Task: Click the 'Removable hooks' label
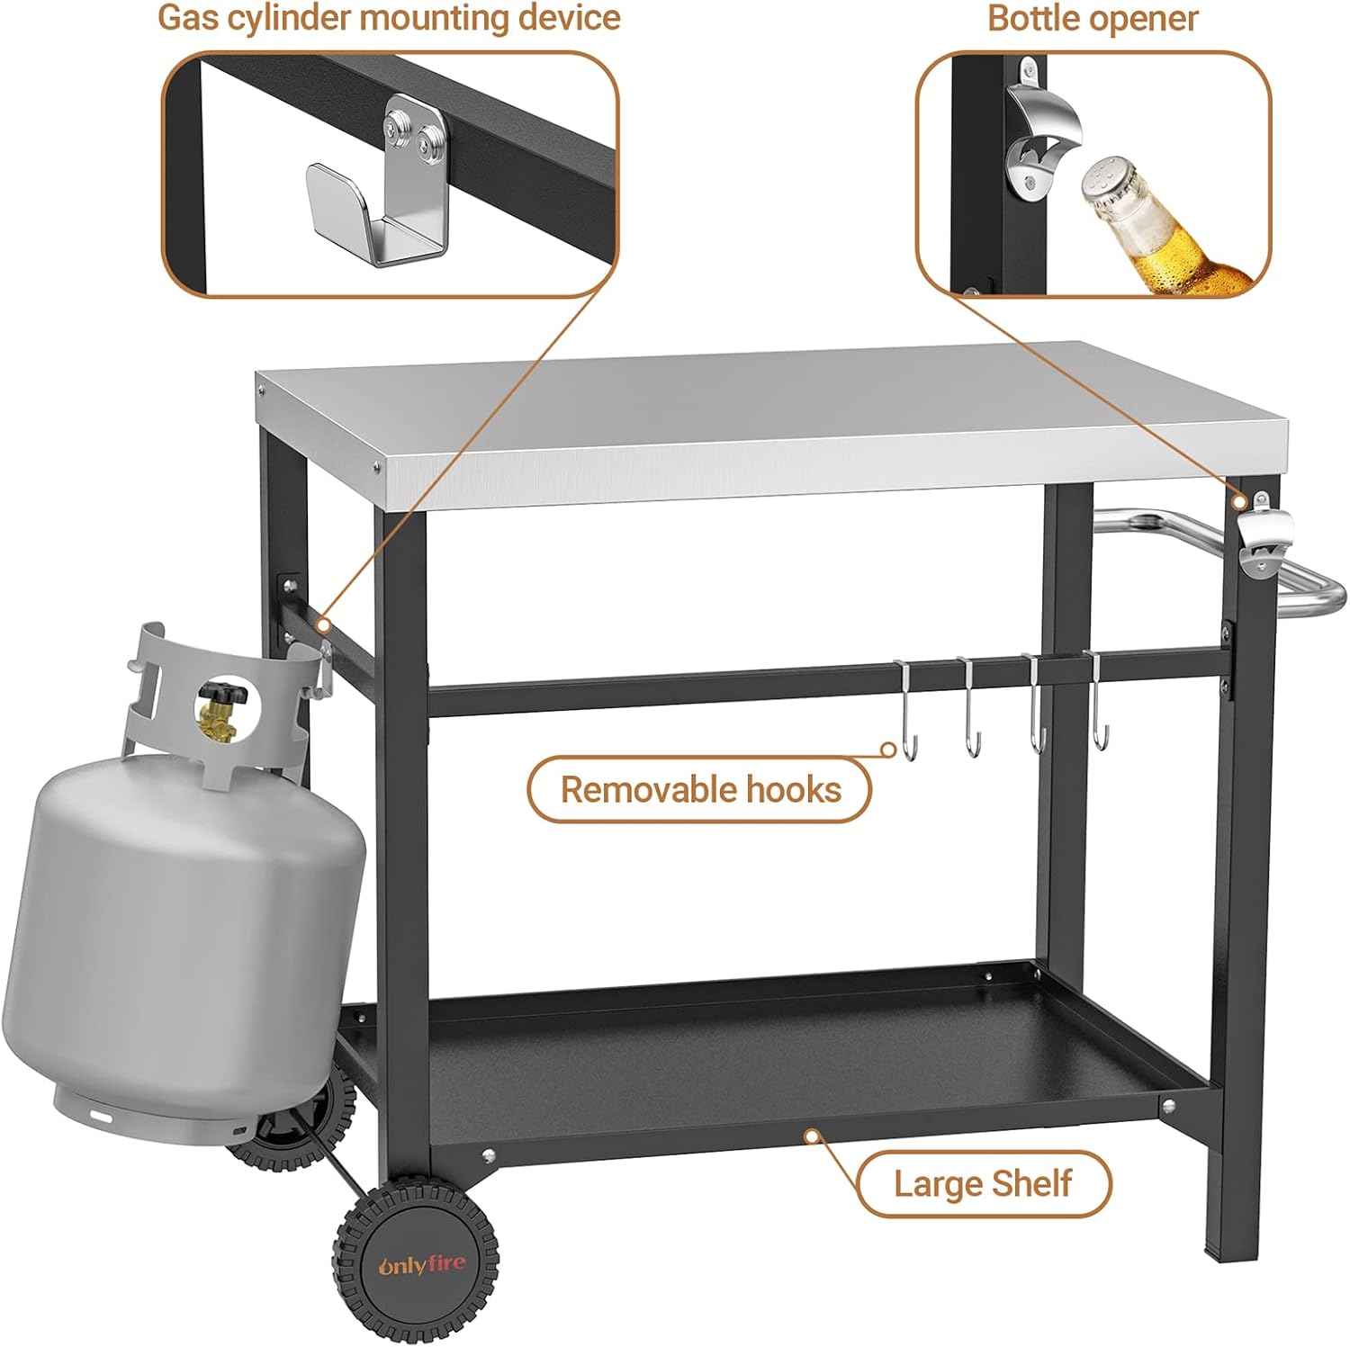pos(699,790)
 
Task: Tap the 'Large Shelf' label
pos(983,1183)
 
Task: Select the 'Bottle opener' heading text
pos(1093,18)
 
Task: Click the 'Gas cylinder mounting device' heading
pos(389,18)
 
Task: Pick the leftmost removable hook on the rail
pos(904,711)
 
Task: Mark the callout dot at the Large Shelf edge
pos(812,1136)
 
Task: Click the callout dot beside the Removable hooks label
pos(888,749)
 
